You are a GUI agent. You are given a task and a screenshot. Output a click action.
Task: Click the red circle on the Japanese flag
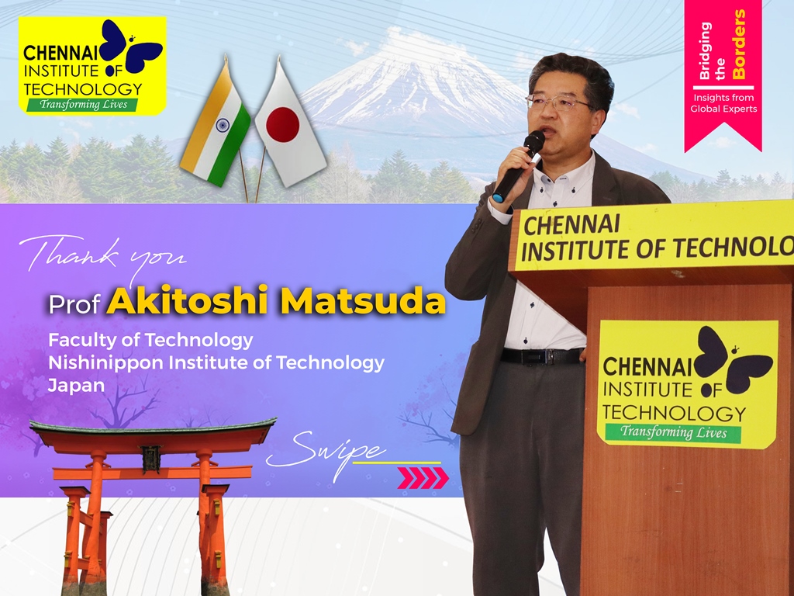click(x=282, y=125)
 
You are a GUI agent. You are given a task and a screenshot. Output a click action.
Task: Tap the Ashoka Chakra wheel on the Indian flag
click(x=223, y=125)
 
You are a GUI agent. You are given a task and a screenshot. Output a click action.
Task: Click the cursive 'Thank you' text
click(x=102, y=256)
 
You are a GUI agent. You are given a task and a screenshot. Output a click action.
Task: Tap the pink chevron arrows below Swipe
click(x=423, y=478)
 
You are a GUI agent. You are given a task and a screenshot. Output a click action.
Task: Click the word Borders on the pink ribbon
click(x=739, y=44)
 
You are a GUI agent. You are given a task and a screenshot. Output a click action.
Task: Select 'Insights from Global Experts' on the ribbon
click(x=723, y=103)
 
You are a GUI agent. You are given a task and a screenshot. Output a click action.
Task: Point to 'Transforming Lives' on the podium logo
click(x=674, y=432)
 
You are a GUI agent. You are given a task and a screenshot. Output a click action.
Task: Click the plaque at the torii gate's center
click(x=151, y=459)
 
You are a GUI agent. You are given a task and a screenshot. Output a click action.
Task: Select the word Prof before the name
click(x=74, y=304)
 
